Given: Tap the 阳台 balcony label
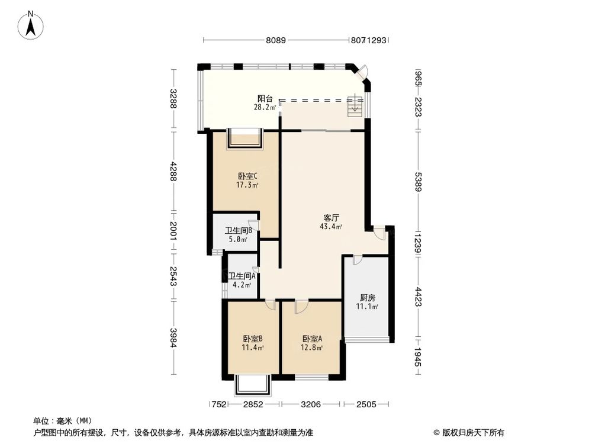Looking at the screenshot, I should [264, 99].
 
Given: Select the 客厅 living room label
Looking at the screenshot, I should [330, 218].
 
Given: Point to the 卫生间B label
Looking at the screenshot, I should [239, 231].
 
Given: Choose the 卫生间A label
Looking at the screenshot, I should [242, 276].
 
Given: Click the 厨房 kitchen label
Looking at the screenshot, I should [367, 298].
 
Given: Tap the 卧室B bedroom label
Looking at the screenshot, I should [253, 339].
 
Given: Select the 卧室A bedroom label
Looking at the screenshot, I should [312, 339].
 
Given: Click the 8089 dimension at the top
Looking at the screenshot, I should [276, 40].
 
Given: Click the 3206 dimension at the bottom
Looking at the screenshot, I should [311, 405].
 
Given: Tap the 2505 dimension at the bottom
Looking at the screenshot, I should [366, 405].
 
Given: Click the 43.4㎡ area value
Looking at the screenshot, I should [331, 226].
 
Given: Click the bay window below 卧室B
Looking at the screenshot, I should [252, 385].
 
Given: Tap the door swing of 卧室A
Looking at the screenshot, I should [300, 307].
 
